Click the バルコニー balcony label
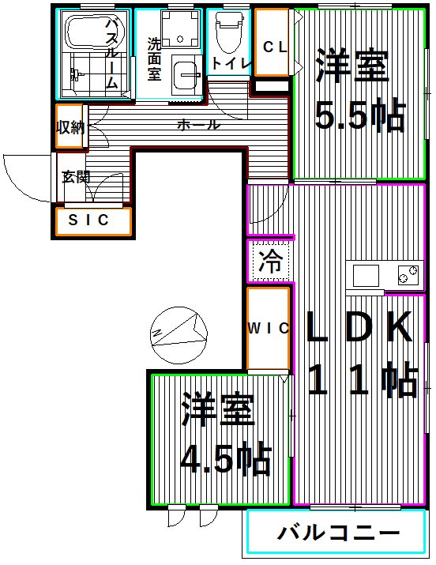tap(338, 533)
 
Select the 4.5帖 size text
tap(226, 458)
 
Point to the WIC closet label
tap(268, 329)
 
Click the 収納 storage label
tap(70, 126)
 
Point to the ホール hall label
tap(198, 125)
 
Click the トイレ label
tap(231, 64)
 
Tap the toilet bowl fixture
tap(228, 32)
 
